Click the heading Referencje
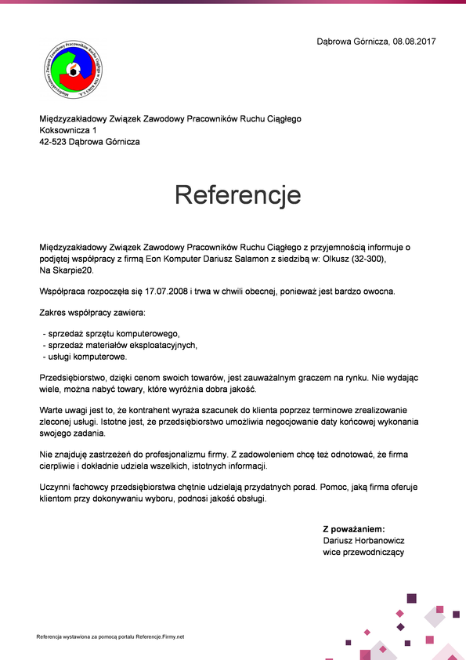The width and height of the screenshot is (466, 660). point(237,194)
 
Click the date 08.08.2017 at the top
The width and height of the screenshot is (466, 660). point(414,41)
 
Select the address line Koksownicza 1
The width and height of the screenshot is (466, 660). point(69,130)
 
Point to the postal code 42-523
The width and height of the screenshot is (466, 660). point(53,142)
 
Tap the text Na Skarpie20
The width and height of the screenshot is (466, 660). point(67,270)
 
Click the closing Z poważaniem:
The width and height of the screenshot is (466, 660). point(354,529)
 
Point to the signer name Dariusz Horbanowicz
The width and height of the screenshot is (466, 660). point(363,541)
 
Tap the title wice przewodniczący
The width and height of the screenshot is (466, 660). point(363,552)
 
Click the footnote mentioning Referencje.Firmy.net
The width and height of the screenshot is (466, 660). point(110,636)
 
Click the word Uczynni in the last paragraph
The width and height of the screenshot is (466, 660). point(55,487)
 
